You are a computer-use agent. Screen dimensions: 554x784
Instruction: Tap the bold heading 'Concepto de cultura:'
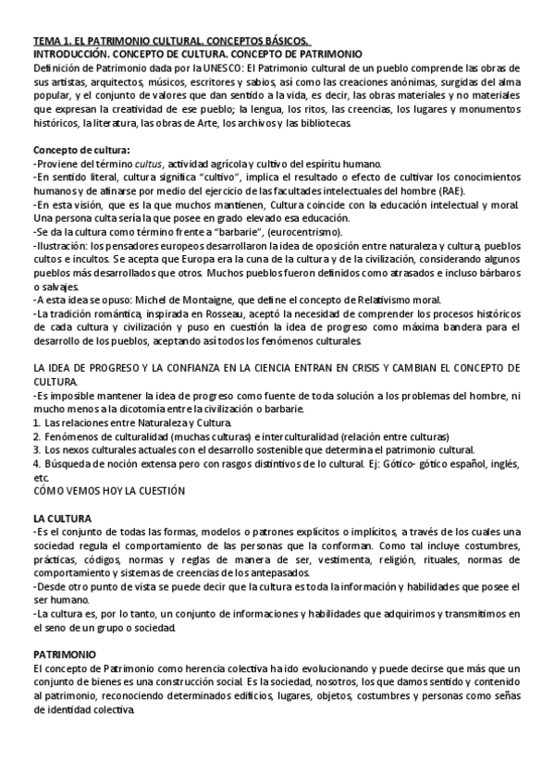coord(81,150)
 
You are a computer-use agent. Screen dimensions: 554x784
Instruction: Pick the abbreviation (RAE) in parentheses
coord(478,190)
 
